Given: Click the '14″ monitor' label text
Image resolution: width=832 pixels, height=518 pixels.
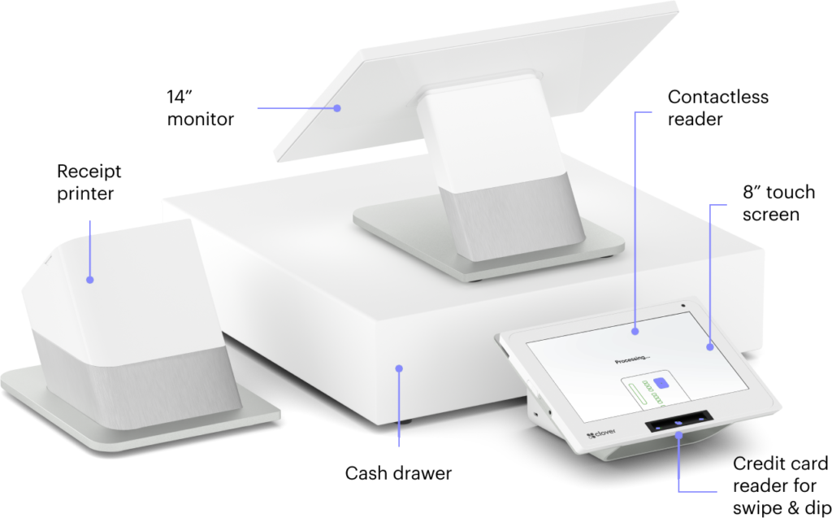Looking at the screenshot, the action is tap(200, 108).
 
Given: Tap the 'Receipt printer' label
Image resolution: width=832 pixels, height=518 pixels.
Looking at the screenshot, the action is tap(89, 182).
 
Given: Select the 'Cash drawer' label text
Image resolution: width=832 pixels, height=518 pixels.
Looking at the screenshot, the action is tap(398, 472).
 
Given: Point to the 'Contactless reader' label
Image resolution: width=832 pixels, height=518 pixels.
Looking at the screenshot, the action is tap(718, 108).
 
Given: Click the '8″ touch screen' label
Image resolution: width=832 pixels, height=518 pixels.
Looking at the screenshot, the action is tap(778, 203).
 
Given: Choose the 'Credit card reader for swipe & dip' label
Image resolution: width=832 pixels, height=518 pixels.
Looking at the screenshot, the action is tap(780, 485).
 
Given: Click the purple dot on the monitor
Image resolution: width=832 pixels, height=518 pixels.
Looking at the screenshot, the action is tap(337, 108).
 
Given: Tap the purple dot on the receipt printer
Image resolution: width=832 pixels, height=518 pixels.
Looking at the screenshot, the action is tap(89, 280).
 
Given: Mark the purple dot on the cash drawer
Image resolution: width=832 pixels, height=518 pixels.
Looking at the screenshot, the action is tap(399, 368).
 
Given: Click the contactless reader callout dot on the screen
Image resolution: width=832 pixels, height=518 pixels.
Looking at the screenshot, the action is tap(635, 331).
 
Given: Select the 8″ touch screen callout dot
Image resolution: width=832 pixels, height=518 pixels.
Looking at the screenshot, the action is tap(710, 347).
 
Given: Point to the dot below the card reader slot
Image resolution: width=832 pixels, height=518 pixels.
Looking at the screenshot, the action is tap(678, 436).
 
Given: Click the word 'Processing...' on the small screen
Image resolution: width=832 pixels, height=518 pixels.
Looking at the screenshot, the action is tap(632, 359).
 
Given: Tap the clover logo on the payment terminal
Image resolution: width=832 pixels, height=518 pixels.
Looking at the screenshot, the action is tap(601, 434).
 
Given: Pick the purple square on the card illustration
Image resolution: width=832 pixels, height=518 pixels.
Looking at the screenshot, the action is tap(661, 383).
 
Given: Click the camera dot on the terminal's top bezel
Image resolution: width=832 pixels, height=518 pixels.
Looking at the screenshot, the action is tap(682, 306).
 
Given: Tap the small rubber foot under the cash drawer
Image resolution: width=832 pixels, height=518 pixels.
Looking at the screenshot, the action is tap(406, 422).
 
